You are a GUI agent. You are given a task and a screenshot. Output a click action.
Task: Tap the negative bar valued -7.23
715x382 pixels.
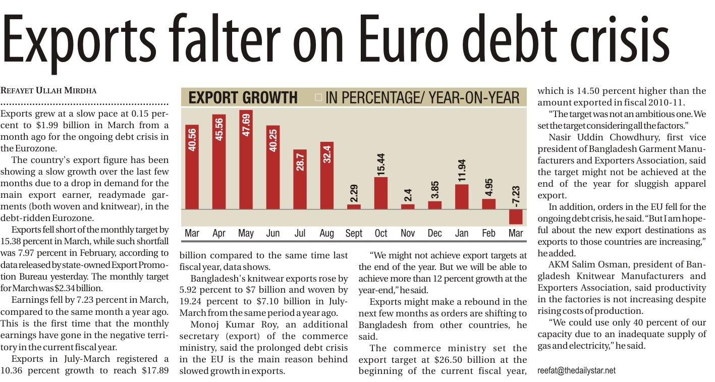pos(516,216)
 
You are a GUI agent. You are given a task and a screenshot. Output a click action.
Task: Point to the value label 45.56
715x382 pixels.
pos(219,130)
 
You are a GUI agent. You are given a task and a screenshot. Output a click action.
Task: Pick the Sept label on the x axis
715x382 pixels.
pos(354,233)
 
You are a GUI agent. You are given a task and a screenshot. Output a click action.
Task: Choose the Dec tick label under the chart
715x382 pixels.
pos(434,233)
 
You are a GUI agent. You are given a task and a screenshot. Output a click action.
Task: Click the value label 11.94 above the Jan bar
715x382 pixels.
pos(462,171)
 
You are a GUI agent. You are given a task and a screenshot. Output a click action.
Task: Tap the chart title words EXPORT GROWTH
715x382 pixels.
pos(243,97)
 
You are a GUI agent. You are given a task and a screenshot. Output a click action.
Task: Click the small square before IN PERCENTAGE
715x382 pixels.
pos(318,97)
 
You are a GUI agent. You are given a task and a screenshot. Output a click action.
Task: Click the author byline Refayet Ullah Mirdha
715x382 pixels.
pos(48,91)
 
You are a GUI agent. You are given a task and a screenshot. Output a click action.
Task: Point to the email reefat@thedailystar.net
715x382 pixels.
pos(576,370)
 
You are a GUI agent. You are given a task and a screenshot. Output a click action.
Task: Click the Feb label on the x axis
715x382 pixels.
pos(488,233)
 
